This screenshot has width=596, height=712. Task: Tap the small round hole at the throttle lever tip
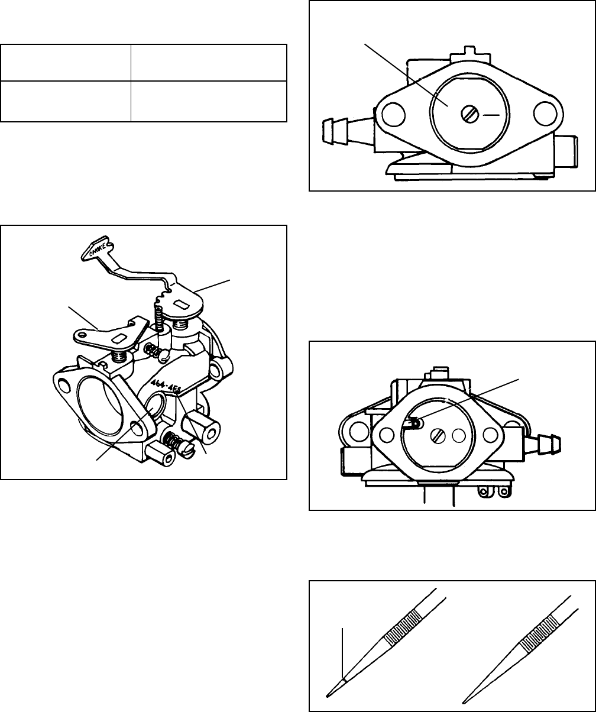(x=83, y=334)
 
